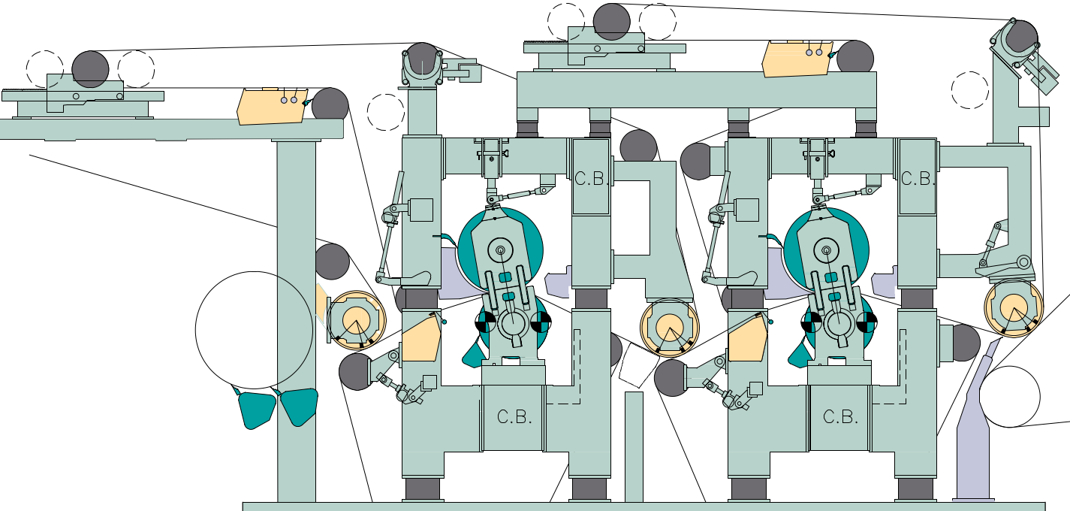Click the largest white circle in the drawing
pos(254,329)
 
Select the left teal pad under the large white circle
pos(256,409)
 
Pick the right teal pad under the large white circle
pos(300,406)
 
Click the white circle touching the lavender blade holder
pos(1009,396)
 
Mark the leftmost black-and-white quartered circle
pos(485,323)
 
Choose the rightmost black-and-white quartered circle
pos(867,323)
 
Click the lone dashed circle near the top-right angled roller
pos(970,90)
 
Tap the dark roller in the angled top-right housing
pos(1021,36)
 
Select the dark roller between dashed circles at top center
pos(612,21)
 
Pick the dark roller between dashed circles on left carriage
pos(91,68)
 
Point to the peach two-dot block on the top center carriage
pos(796,59)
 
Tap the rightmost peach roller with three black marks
pos(1014,307)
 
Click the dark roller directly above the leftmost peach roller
pos(332,262)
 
